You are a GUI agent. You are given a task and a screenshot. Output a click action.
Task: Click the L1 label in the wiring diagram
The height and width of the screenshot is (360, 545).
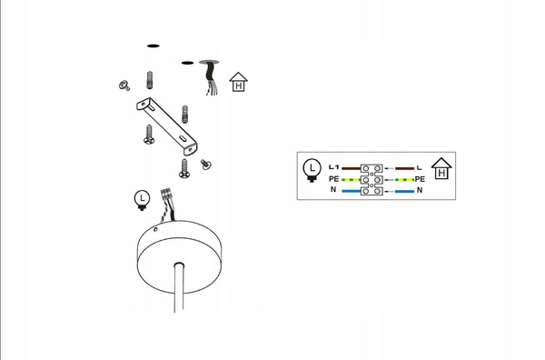tap(333, 167)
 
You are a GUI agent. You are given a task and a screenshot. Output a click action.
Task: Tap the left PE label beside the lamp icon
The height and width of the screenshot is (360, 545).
tap(333, 179)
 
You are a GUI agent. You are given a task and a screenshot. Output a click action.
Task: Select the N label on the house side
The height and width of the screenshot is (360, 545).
tap(420, 190)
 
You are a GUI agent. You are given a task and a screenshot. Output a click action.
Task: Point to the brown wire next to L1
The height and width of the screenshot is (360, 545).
tap(351, 168)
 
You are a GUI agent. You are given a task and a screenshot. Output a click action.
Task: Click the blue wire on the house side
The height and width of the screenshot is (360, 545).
tap(404, 191)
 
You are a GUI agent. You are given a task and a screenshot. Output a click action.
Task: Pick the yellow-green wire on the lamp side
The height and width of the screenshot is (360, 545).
tap(351, 180)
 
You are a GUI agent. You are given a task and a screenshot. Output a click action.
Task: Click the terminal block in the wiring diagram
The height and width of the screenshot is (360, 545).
tap(372, 180)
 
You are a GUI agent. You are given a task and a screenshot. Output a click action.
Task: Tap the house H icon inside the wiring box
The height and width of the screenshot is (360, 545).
tap(441, 168)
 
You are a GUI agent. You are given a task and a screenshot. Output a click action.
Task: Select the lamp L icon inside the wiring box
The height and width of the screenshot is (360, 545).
tap(312, 170)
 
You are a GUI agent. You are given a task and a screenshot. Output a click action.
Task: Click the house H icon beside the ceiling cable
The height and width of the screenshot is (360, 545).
tap(238, 82)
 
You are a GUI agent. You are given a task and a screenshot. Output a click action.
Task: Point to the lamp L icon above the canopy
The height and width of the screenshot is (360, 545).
tap(142, 200)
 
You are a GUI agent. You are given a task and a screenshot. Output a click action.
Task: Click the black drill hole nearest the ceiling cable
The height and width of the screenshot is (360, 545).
tap(187, 63)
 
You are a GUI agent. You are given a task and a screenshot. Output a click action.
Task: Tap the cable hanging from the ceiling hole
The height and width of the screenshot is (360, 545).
tap(211, 77)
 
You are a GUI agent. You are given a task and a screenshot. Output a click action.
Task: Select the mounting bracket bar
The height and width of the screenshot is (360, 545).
tap(166, 126)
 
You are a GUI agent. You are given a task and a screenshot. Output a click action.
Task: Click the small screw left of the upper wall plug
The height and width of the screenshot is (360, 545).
tap(124, 85)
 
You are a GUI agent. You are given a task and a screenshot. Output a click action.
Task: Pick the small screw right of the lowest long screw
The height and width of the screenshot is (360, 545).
tap(206, 165)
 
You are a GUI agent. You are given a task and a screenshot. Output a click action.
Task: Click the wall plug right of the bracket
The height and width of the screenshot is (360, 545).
tap(185, 114)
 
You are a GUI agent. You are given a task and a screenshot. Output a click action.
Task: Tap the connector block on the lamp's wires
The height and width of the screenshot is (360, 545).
tap(166, 194)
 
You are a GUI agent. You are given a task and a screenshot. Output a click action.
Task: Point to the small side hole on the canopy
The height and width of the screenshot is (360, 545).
tap(155, 229)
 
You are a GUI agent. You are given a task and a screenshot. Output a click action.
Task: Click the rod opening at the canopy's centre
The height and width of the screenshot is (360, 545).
tap(179, 265)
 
